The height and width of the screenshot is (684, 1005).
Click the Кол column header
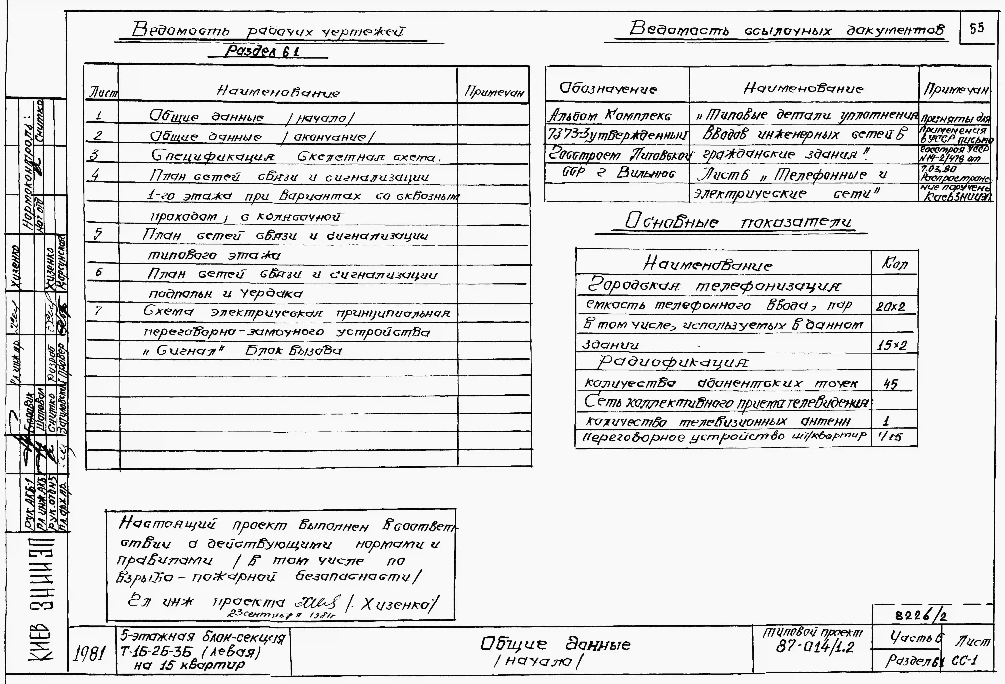tap(894, 263)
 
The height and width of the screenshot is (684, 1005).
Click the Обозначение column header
tap(608, 89)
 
